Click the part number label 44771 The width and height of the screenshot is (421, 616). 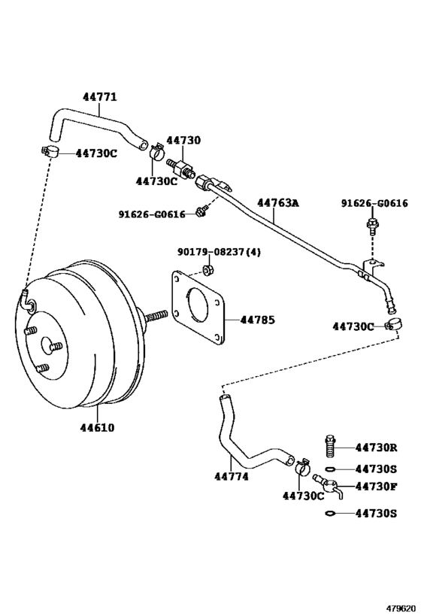(x=99, y=96)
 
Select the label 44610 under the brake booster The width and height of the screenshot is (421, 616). (x=97, y=428)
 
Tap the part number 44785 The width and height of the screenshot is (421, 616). (x=258, y=320)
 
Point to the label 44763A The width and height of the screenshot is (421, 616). (x=277, y=203)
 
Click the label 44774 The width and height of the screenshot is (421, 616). (x=231, y=475)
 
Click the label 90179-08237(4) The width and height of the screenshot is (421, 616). (x=219, y=252)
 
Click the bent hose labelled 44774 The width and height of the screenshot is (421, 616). (x=241, y=444)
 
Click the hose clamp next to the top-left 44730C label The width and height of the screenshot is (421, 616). (x=50, y=153)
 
